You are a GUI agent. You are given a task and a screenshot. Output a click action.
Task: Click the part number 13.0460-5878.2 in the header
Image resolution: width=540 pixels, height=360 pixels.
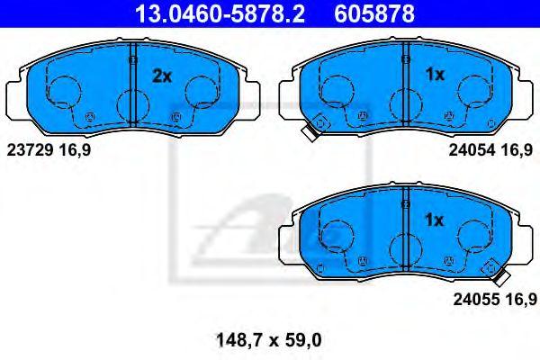tap(220, 13)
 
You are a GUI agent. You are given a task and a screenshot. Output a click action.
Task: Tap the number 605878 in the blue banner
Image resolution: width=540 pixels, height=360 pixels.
tap(374, 13)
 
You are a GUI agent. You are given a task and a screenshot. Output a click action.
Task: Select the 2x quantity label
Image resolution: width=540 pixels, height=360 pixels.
tap(161, 76)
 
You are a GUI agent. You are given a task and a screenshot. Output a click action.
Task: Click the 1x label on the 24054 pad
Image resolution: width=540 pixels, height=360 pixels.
tap(435, 75)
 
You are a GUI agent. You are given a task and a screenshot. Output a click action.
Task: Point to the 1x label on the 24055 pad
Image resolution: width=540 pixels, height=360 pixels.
tap(435, 220)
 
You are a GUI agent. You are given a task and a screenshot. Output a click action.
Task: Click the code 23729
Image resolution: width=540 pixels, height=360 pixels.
tap(30, 150)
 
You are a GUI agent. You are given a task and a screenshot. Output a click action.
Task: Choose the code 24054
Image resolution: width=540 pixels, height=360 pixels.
tap(472, 150)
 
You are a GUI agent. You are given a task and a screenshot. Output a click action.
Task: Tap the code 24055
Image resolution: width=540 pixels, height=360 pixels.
tap(476, 300)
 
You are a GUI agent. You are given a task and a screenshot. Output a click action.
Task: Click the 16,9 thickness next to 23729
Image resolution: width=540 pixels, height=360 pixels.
tap(75, 150)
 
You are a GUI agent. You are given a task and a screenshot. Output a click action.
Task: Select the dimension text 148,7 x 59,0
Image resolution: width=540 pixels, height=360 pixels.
tap(268, 340)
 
